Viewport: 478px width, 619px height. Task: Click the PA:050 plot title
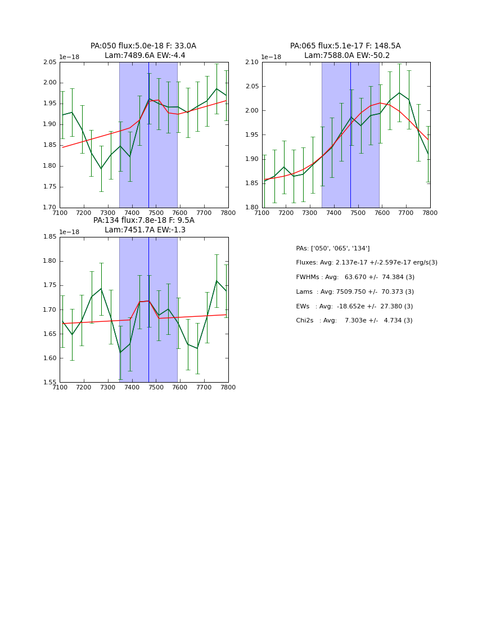coord(143,46)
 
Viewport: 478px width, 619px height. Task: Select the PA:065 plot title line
coord(345,46)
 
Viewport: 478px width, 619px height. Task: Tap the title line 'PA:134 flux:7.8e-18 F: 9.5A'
coord(143,221)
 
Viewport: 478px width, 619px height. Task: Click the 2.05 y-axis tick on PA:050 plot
coord(50,62)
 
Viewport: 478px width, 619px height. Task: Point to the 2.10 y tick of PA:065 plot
coord(252,62)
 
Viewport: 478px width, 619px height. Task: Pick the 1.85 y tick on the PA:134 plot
coord(50,237)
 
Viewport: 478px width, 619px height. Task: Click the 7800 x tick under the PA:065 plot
coord(430,213)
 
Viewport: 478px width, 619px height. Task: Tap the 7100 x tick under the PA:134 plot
coord(60,388)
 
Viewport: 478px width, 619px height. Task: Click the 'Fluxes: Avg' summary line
coord(366,263)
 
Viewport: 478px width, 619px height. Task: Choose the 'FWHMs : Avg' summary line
coord(355,277)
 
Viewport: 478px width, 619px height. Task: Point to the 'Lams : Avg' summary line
coord(354,292)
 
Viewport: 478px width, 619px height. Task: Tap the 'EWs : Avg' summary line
coord(354,306)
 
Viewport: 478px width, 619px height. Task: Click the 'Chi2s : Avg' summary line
coord(354,321)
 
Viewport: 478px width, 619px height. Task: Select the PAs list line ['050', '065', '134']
coord(332,249)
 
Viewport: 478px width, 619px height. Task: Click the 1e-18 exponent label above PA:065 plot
coord(272,57)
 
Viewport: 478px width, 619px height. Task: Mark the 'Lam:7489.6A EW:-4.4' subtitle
coord(145,56)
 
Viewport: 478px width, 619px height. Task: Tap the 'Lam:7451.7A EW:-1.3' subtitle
coord(145,230)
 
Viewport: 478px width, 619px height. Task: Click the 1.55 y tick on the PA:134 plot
coord(50,383)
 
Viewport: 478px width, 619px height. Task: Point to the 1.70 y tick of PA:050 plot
coord(50,208)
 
